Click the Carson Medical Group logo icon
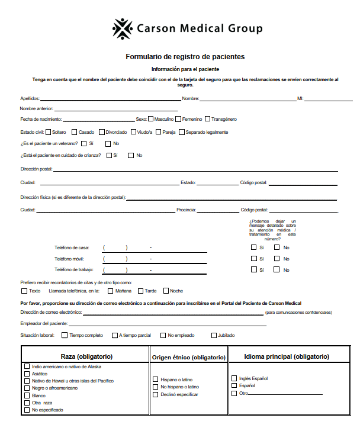(x=123, y=28)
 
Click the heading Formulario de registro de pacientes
(x=185, y=57)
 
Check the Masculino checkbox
(x=152, y=119)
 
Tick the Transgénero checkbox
(x=207, y=119)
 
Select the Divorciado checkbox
(x=102, y=132)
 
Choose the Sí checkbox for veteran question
(x=84, y=143)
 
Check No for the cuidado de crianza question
(x=131, y=155)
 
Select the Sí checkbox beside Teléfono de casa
(x=253, y=247)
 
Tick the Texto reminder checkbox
(x=24, y=291)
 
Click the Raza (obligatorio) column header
(x=86, y=356)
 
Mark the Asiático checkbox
(x=27, y=374)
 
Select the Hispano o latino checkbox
(x=156, y=380)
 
